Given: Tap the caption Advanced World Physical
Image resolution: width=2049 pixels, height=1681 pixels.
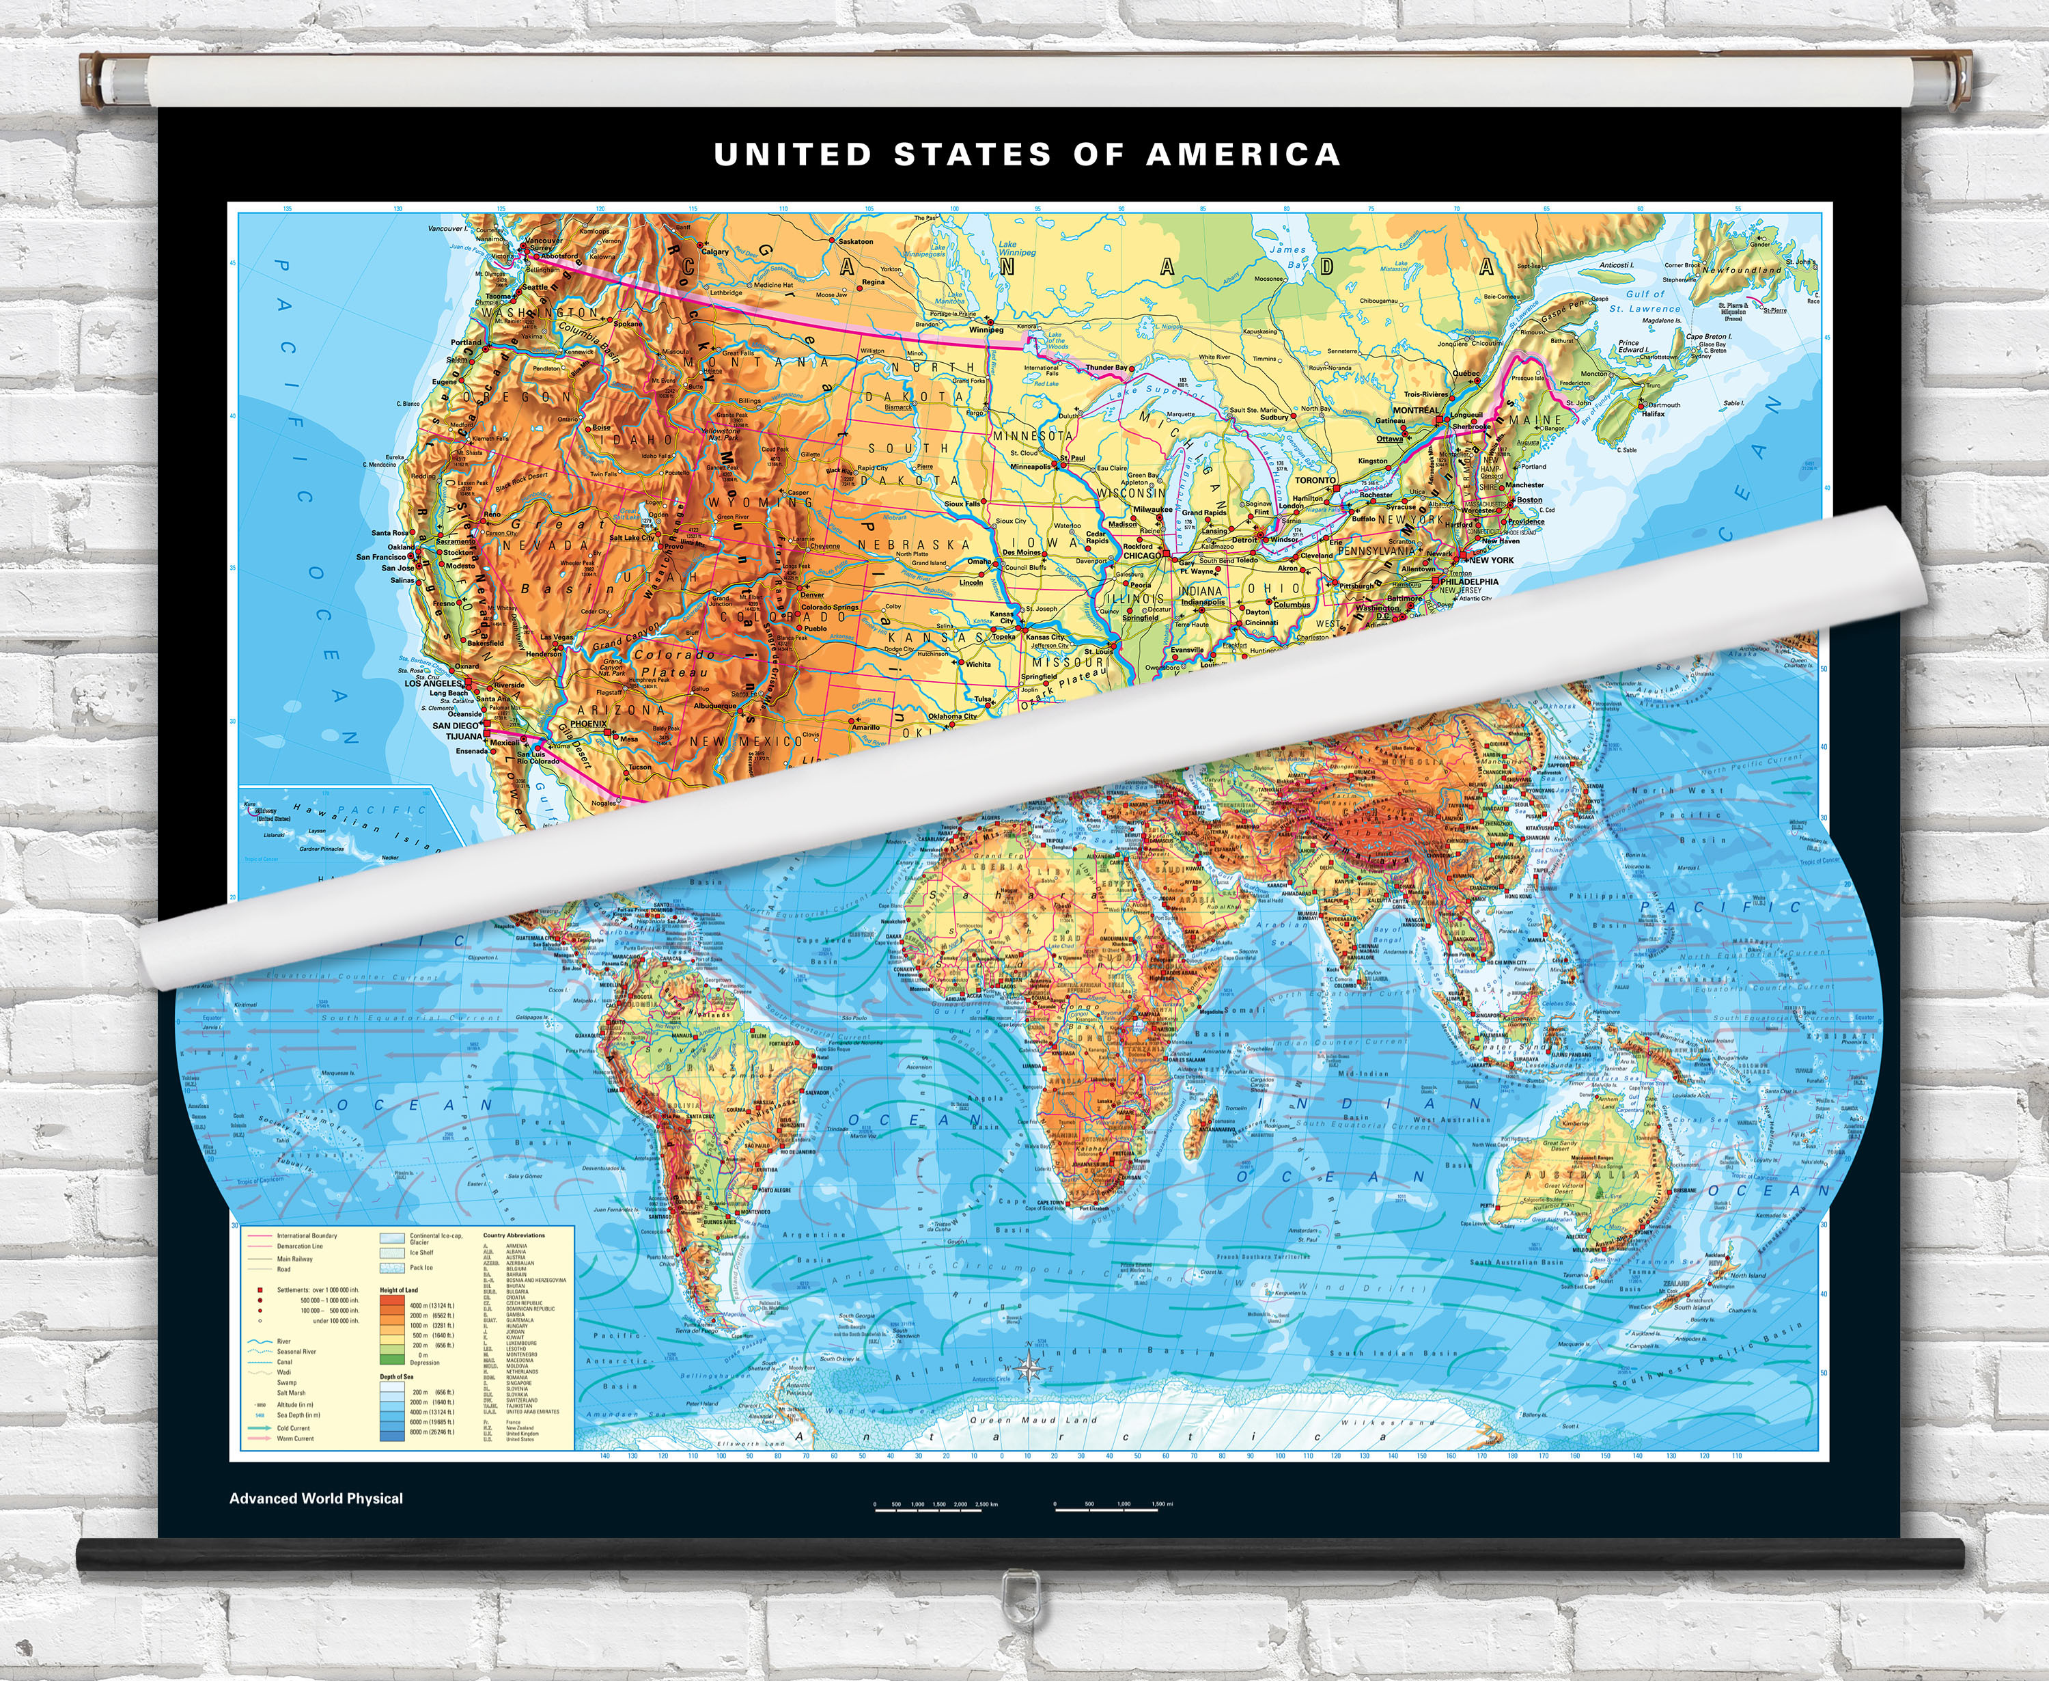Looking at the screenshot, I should coord(316,1498).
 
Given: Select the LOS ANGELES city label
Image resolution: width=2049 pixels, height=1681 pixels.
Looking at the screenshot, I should coord(432,683).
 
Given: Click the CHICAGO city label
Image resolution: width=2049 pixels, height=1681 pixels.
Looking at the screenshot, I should coord(1142,556).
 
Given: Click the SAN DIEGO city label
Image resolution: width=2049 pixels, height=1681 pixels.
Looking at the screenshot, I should coord(455,725).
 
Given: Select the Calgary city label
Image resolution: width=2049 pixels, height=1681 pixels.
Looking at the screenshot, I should coord(714,251).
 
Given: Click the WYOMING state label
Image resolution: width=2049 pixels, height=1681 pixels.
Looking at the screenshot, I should coord(759,502).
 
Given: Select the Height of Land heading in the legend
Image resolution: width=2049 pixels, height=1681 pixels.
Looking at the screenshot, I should coord(399,1290).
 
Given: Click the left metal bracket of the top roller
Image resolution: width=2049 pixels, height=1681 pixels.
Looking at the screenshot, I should coord(96,77).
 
